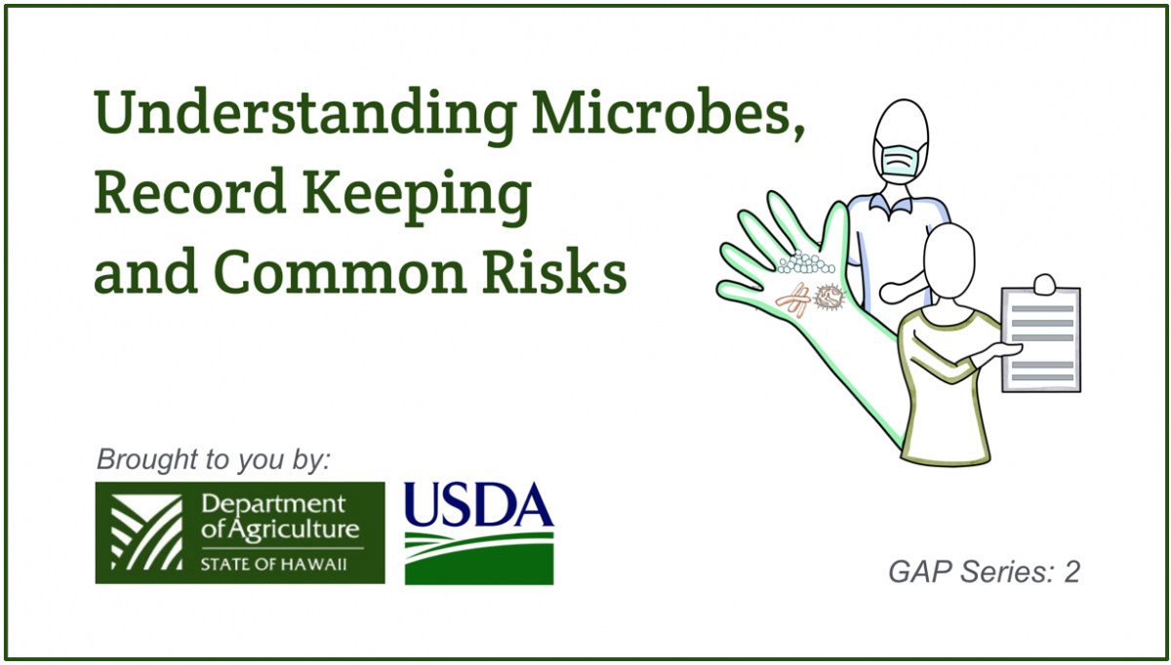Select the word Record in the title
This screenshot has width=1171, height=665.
(189, 191)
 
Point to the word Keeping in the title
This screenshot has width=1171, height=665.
(417, 196)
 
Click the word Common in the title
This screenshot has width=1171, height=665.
(340, 272)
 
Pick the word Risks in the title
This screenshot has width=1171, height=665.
(553, 272)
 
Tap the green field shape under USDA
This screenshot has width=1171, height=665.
(479, 559)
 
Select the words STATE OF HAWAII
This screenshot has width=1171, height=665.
(273, 565)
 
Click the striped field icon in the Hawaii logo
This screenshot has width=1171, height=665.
(146, 531)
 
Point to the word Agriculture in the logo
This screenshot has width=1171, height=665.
(295, 530)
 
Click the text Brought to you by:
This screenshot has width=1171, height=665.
(214, 459)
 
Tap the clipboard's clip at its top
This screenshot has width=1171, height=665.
(1044, 284)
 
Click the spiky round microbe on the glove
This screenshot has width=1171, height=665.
(829, 296)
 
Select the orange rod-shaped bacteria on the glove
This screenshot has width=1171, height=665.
(793, 301)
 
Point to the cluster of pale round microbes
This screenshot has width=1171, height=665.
(806, 262)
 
